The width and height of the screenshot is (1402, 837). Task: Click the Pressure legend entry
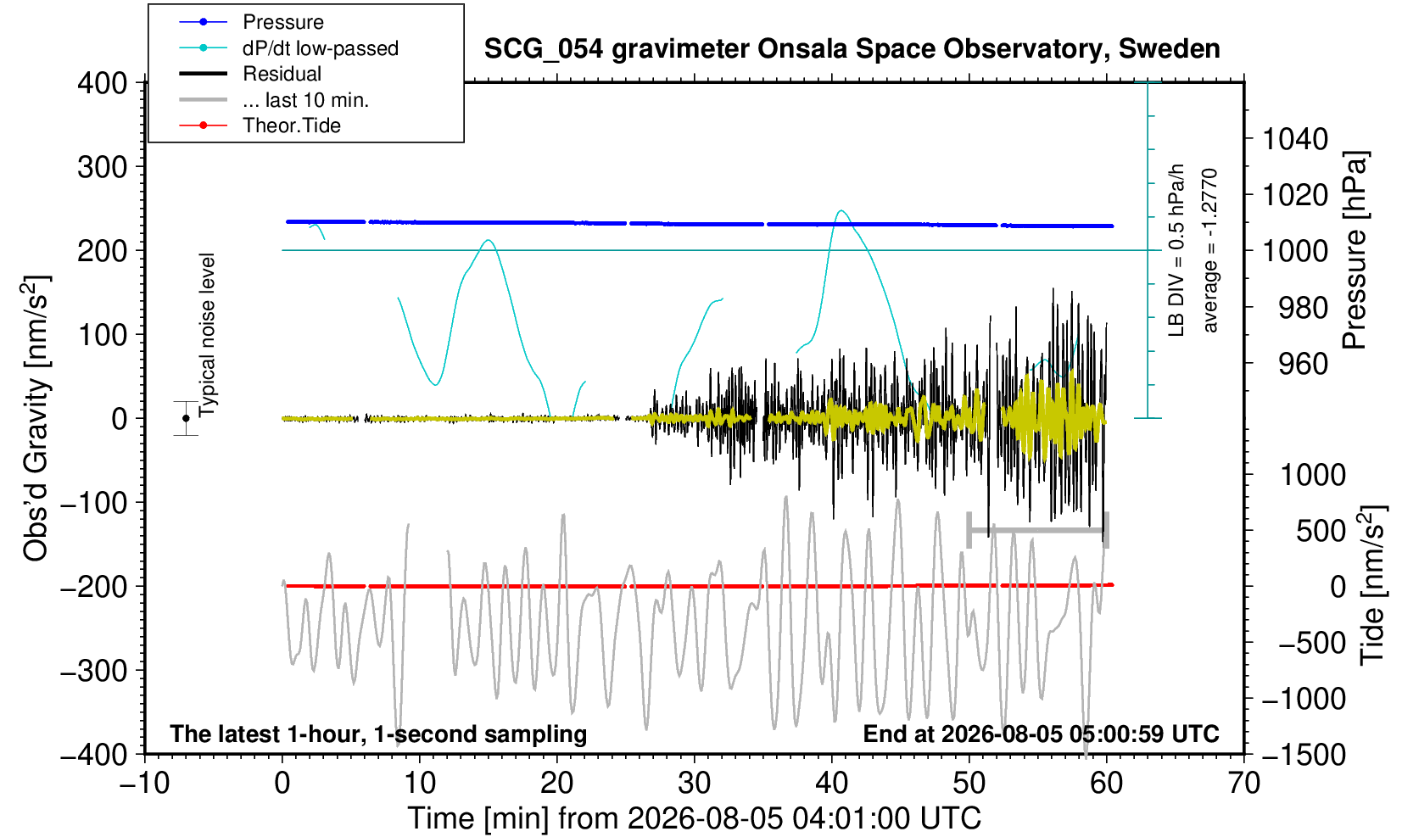283,23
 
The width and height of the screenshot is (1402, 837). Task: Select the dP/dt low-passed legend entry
321,49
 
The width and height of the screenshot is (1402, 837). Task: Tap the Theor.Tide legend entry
292,126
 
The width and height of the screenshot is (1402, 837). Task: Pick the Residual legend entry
282,74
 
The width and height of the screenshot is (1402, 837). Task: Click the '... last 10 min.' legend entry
305,100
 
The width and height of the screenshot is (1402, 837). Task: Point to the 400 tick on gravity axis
103,83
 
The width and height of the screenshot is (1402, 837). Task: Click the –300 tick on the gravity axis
94,671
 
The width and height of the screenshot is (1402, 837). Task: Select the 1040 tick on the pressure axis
1295,139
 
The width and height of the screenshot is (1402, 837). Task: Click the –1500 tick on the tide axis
1304,755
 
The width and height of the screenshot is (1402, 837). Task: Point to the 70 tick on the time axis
1243,784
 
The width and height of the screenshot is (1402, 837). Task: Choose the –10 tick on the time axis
144,784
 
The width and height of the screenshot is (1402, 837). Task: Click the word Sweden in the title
1169,49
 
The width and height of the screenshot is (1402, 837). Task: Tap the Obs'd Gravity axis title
36,418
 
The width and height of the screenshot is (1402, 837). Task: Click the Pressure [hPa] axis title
1355,250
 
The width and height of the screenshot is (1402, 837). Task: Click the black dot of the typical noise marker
186,418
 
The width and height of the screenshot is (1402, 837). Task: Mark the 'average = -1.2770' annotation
1210,250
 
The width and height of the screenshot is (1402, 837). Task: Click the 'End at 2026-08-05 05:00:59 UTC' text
1041,734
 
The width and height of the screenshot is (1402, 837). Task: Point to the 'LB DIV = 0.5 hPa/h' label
1176,250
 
